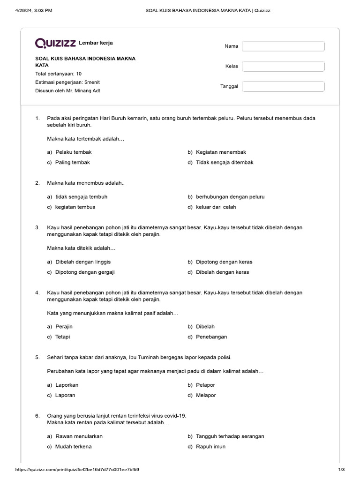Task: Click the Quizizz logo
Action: (x=55, y=43)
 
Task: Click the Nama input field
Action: (x=283, y=46)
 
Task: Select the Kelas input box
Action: (x=283, y=66)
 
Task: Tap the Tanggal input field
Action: (x=283, y=86)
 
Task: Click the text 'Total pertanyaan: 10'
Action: (x=59, y=74)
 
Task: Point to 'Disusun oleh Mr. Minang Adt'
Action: (x=68, y=90)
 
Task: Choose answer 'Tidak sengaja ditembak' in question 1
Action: (x=225, y=162)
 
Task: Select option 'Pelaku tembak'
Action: (x=74, y=152)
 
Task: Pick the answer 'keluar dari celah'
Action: (x=216, y=207)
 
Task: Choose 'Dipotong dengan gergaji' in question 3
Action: (x=85, y=272)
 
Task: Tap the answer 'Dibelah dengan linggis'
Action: (x=83, y=262)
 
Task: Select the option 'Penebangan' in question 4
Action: (x=211, y=337)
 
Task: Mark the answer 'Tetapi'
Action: (x=62, y=337)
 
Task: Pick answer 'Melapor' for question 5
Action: (x=206, y=395)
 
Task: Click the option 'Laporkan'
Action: (x=67, y=385)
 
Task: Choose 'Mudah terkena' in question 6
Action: (x=73, y=446)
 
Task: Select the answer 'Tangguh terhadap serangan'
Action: (x=230, y=436)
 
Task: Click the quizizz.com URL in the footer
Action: (x=77, y=469)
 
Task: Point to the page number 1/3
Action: (x=341, y=469)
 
